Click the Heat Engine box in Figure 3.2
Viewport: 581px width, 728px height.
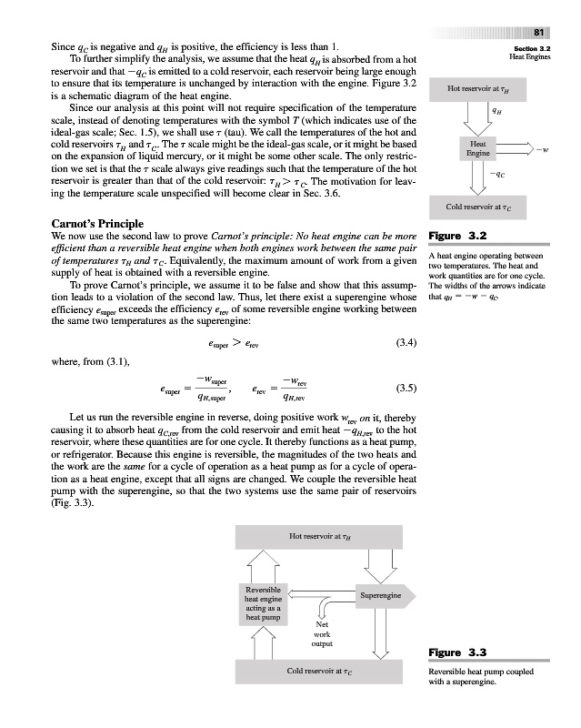[x=479, y=149]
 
